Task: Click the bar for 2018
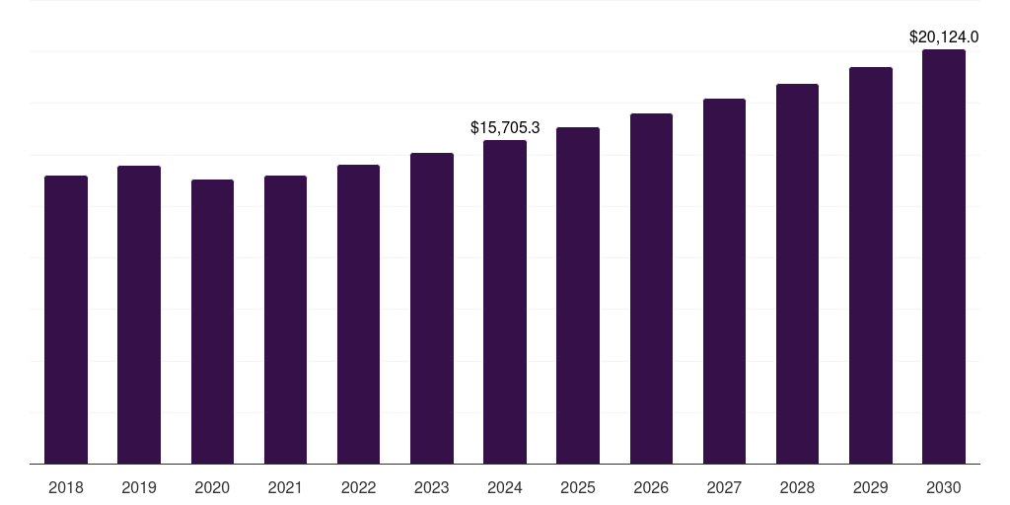click(66, 320)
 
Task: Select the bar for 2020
click(212, 322)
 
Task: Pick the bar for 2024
click(505, 302)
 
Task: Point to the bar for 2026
click(651, 288)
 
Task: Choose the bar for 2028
click(797, 273)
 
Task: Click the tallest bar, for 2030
click(944, 256)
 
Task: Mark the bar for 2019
click(139, 315)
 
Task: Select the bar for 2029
click(871, 265)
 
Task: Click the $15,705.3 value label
click(505, 127)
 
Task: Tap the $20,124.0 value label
click(944, 37)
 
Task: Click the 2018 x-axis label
click(66, 487)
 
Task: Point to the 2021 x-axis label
click(285, 487)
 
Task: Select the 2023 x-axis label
click(432, 487)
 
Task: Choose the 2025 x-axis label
click(578, 487)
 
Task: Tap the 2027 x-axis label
click(724, 487)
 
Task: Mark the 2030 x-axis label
click(944, 487)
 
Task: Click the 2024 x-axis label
click(505, 487)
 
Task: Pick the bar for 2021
click(285, 320)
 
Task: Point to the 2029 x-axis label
click(871, 487)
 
